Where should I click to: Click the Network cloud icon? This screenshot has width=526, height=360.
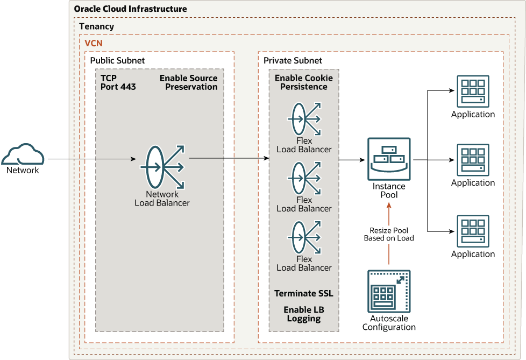pyautogui.click(x=22, y=154)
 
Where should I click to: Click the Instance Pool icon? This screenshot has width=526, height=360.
pyautogui.click(x=389, y=159)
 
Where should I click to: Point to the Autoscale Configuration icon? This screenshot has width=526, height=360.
pyautogui.click(x=389, y=291)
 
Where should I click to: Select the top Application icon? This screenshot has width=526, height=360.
pyautogui.click(x=473, y=91)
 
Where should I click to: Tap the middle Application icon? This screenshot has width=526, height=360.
pyautogui.click(x=473, y=160)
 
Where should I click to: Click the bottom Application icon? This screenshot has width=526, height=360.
pyautogui.click(x=473, y=231)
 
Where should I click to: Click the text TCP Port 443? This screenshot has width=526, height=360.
pyautogui.click(x=118, y=82)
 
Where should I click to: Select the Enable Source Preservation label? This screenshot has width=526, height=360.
pyautogui.click(x=189, y=82)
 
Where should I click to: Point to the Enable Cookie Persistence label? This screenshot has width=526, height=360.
pyautogui.click(x=304, y=82)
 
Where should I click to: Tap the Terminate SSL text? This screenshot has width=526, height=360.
pyautogui.click(x=304, y=293)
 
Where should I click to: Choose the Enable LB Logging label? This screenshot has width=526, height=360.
pyautogui.click(x=304, y=314)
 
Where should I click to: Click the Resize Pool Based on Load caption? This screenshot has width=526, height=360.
pyautogui.click(x=389, y=234)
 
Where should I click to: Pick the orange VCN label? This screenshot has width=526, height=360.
pyautogui.click(x=94, y=43)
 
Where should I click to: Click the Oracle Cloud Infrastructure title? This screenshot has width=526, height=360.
pyautogui.click(x=130, y=9)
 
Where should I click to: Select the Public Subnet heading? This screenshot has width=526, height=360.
pyautogui.click(x=117, y=60)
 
